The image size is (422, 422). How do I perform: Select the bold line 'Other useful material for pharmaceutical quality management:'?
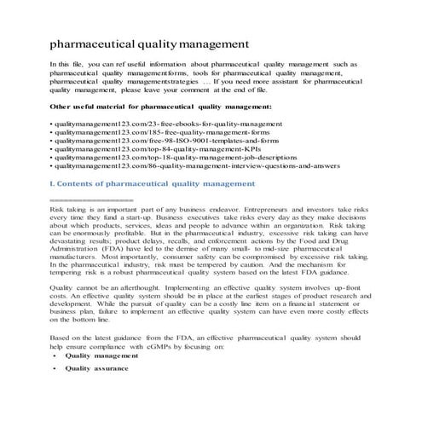161,107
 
